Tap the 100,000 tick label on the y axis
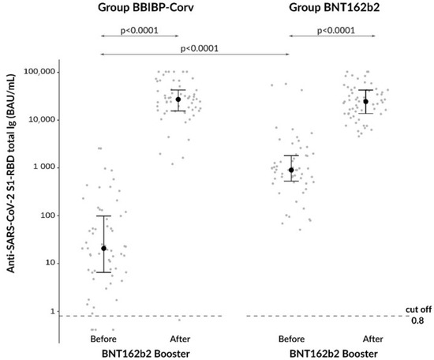pos(36,72)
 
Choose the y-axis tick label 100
pos(46,216)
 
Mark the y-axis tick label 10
pos(48,263)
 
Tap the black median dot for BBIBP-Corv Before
pos(103,249)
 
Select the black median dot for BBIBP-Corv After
pos(178,99)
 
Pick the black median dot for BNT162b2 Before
pos(291,170)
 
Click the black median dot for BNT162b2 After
pos(365,101)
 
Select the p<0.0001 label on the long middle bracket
pos(200,48)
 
